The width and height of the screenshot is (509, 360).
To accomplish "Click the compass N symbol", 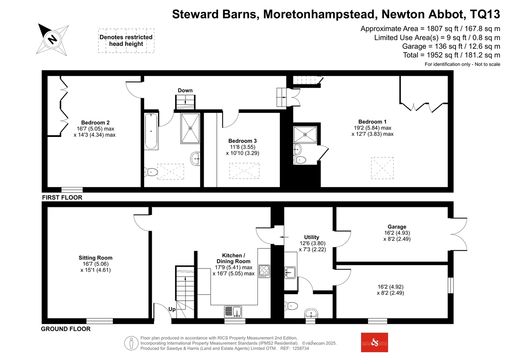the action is pos(53,39).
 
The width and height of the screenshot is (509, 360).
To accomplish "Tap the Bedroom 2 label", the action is pos(95,123).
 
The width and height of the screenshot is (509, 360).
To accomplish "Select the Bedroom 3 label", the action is pos(243,141).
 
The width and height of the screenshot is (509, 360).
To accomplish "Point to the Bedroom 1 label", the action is pos(372,122).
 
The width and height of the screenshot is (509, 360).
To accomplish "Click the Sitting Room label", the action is pos(95,258).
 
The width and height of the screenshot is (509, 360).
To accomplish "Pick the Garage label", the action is pos(397,227).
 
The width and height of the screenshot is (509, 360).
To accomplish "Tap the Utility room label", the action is pos(311,237).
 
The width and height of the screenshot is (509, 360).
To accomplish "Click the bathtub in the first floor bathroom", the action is pos(151,131).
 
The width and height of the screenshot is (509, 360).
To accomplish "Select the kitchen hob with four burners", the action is pos(264,271).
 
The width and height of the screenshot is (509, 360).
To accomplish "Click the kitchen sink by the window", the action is pos(233,312).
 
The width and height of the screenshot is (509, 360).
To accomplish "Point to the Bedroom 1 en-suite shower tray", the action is pos(305,135).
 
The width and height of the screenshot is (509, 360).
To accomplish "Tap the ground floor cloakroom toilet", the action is pos(291,306).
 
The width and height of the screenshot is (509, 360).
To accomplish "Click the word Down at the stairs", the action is pos(185,90).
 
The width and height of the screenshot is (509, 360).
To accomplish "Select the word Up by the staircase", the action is pos(172,310).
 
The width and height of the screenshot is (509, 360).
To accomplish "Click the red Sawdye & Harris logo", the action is pos(374,342).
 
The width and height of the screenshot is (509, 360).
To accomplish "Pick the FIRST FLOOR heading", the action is pos(62,197).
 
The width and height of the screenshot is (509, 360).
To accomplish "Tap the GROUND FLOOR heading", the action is pos(66,329).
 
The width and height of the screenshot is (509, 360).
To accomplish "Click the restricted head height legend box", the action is pos(126,41).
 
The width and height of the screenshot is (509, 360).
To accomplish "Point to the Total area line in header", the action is pos(451,55).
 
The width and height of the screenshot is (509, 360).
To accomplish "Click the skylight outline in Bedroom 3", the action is pos(244,171).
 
